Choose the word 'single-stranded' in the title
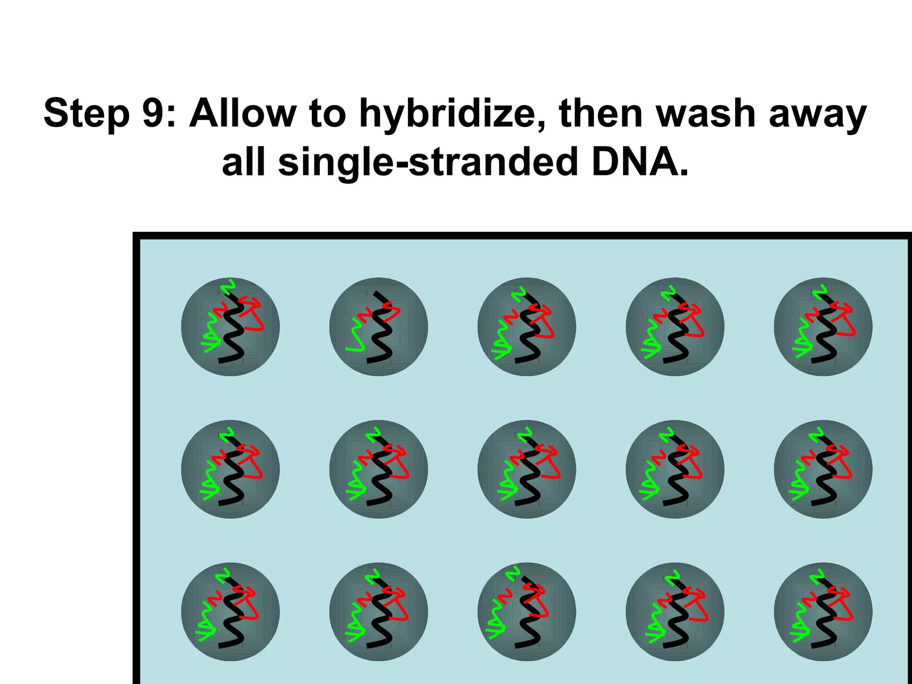pos(428,163)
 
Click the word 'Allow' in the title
pos(243,114)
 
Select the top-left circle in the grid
pos(230,327)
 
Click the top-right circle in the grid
pos(823,327)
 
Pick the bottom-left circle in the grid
pos(230,611)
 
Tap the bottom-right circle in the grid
pos(823,611)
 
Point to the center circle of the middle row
pos(527,469)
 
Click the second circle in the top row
pos(379,327)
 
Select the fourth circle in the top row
pos(675,327)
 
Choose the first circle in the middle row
pos(230,469)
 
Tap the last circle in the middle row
pos(823,469)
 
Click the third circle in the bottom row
pos(527,611)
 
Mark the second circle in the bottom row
pos(379,611)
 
